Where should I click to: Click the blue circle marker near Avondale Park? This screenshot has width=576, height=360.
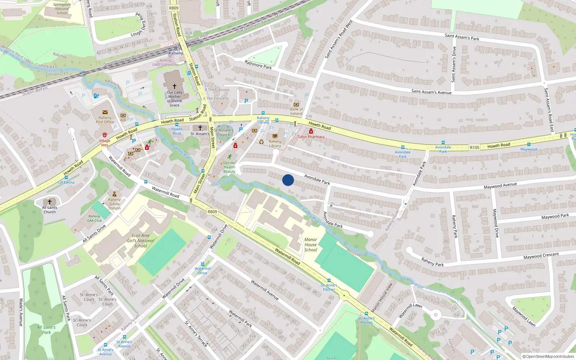[288, 180]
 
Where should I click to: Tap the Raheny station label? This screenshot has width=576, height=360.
[176, 53]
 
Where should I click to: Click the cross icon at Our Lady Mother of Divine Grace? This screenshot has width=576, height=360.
[175, 86]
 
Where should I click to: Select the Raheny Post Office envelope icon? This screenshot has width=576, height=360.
[105, 112]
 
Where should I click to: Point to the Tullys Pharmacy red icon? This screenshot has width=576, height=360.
[311, 131]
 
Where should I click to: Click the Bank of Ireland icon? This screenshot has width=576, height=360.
[296, 104]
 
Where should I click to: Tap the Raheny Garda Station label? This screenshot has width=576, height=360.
[114, 204]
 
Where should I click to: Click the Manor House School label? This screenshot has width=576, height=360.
[311, 244]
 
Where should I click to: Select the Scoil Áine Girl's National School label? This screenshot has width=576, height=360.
[140, 240]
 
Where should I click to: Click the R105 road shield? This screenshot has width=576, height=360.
[474, 147]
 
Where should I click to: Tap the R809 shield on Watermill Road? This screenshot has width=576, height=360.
[212, 211]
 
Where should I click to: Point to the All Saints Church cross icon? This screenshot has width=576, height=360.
[50, 202]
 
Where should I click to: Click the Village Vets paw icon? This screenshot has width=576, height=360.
[105, 135]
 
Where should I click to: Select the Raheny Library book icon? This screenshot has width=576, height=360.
[275, 136]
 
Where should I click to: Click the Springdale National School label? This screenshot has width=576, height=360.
[62, 9]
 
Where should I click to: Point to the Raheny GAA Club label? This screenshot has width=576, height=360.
[94, 219]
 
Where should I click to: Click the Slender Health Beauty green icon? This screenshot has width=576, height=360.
[230, 157]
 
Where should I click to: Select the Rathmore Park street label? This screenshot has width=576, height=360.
[258, 65]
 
